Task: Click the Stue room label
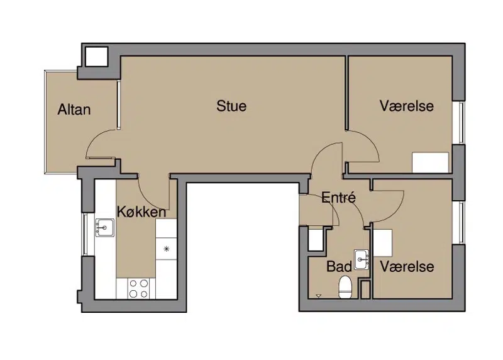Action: coord(231,106)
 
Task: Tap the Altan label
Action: coord(74,110)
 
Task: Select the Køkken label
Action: coord(141,212)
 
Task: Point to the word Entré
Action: coord(339,197)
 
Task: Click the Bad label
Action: coord(339,267)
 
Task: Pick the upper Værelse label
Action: coord(407,106)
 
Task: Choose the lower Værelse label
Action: coord(407,267)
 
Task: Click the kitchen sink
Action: coord(105,228)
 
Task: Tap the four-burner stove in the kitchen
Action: coord(138,288)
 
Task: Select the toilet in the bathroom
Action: coord(345,287)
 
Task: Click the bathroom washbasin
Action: coord(362,259)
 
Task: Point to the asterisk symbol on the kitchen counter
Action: coord(166,249)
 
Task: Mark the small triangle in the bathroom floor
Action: coord(318,296)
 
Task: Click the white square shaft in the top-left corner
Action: coord(96,57)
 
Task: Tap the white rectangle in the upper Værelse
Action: coord(430,162)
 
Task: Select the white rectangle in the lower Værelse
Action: coord(383,243)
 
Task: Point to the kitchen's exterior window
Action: coord(85,234)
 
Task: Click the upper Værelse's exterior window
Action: coord(462,122)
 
